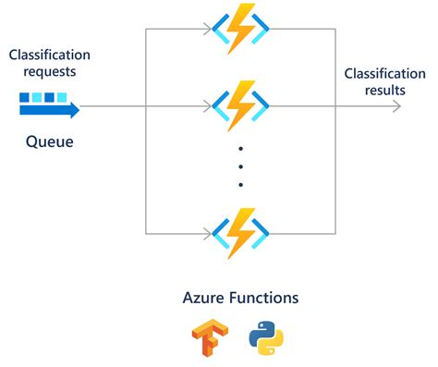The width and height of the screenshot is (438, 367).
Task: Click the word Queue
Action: (x=49, y=143)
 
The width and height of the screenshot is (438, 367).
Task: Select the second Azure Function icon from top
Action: (x=239, y=105)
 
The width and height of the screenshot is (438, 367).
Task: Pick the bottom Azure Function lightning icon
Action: (x=239, y=233)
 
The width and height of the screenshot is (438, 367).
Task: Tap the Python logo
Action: (x=266, y=340)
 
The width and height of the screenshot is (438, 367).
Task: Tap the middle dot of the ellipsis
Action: (x=240, y=166)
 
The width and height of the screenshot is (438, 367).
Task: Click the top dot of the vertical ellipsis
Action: (x=240, y=149)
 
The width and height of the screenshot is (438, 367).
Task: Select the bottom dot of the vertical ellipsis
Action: (x=240, y=184)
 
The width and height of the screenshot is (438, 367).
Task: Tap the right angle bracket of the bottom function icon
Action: (x=262, y=233)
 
